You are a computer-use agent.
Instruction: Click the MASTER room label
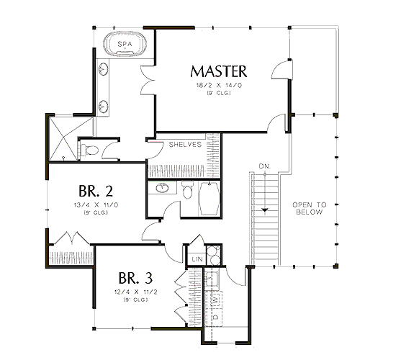point(219,71)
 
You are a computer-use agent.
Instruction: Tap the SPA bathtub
point(125,44)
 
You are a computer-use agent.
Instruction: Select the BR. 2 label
point(96,191)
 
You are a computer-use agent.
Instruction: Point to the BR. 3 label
point(135,278)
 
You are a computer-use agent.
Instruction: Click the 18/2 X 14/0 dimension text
point(219,85)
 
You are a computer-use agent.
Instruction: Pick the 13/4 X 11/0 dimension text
point(96,205)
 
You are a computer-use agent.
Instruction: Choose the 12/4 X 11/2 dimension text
point(135,292)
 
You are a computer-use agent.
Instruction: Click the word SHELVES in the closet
point(185,144)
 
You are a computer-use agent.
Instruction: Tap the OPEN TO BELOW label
point(310,209)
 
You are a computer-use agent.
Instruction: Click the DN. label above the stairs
point(265,166)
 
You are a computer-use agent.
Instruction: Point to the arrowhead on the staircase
point(265,210)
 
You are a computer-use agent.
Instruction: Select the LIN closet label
point(197,259)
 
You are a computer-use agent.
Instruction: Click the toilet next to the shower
point(89,150)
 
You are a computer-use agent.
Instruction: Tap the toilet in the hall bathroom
point(187,189)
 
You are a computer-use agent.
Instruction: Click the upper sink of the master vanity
point(103,69)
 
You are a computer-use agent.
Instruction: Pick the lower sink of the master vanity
point(103,107)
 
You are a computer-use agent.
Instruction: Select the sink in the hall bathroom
point(163,187)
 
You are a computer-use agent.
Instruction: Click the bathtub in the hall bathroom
point(209,198)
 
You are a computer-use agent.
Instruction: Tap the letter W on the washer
point(215,300)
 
